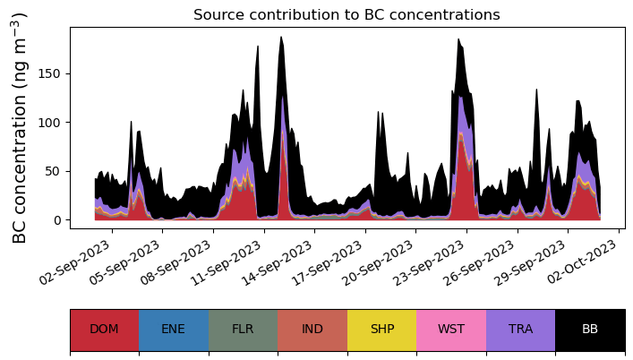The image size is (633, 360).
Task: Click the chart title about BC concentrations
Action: (346, 14)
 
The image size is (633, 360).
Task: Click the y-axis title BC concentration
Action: (20, 127)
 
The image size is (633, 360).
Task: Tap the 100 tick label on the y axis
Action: (53, 123)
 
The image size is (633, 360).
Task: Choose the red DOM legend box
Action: (104, 330)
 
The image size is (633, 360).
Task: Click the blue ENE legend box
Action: (174, 330)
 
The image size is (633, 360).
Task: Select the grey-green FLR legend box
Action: (243, 330)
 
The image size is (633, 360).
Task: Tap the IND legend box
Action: (312, 330)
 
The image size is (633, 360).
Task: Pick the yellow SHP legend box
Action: (382, 330)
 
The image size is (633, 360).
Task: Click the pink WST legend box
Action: (451, 330)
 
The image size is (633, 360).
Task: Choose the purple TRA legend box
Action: (520, 330)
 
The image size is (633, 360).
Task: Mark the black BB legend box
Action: (590, 330)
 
